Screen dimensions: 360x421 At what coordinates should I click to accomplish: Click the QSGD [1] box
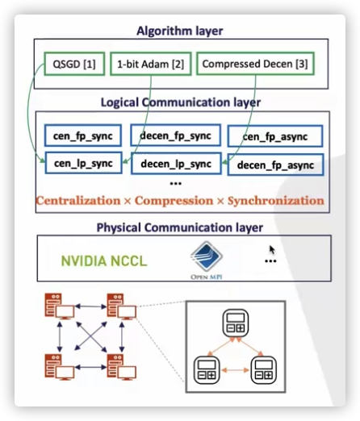(x=74, y=64)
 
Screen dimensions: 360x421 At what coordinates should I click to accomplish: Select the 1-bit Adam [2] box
(x=151, y=64)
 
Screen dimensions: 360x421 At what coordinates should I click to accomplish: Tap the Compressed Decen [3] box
(x=255, y=64)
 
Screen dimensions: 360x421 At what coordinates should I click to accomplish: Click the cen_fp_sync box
(x=83, y=135)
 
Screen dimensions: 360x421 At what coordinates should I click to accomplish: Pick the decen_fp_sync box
(x=175, y=135)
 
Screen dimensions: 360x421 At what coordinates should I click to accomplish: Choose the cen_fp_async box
(x=275, y=136)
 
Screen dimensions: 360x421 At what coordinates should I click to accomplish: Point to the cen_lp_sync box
(x=83, y=163)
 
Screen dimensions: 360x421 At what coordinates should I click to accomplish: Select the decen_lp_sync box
(x=176, y=164)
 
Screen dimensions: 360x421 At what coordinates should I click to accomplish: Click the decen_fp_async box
(x=275, y=165)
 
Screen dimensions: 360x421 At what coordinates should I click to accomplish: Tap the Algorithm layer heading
(x=180, y=31)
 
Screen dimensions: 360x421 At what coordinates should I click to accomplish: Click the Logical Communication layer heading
(x=181, y=102)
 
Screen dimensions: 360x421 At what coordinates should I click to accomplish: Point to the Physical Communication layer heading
(x=180, y=227)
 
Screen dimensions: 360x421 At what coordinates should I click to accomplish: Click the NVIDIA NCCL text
(x=104, y=261)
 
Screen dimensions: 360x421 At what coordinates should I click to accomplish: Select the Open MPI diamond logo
(x=207, y=256)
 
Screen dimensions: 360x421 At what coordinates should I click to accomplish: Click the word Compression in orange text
(x=174, y=201)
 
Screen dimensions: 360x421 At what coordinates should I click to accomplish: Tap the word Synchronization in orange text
(x=276, y=201)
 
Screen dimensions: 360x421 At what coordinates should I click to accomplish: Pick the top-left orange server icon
(x=60, y=306)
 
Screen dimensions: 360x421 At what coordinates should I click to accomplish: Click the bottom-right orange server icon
(x=122, y=367)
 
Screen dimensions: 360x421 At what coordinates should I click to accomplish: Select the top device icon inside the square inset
(x=236, y=323)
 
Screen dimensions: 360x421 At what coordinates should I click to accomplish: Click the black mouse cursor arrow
(x=272, y=250)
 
